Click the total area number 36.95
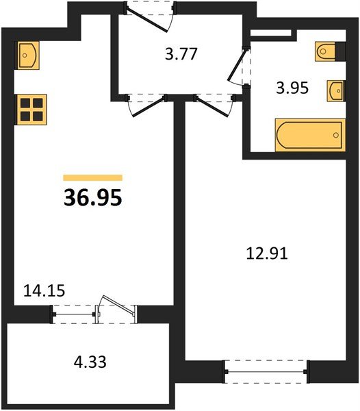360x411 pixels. coord(92,197)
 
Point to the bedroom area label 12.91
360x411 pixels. coord(267,254)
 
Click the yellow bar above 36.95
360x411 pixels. coord(92,177)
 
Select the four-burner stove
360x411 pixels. coord(29,108)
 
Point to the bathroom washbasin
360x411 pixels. coord(335,90)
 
